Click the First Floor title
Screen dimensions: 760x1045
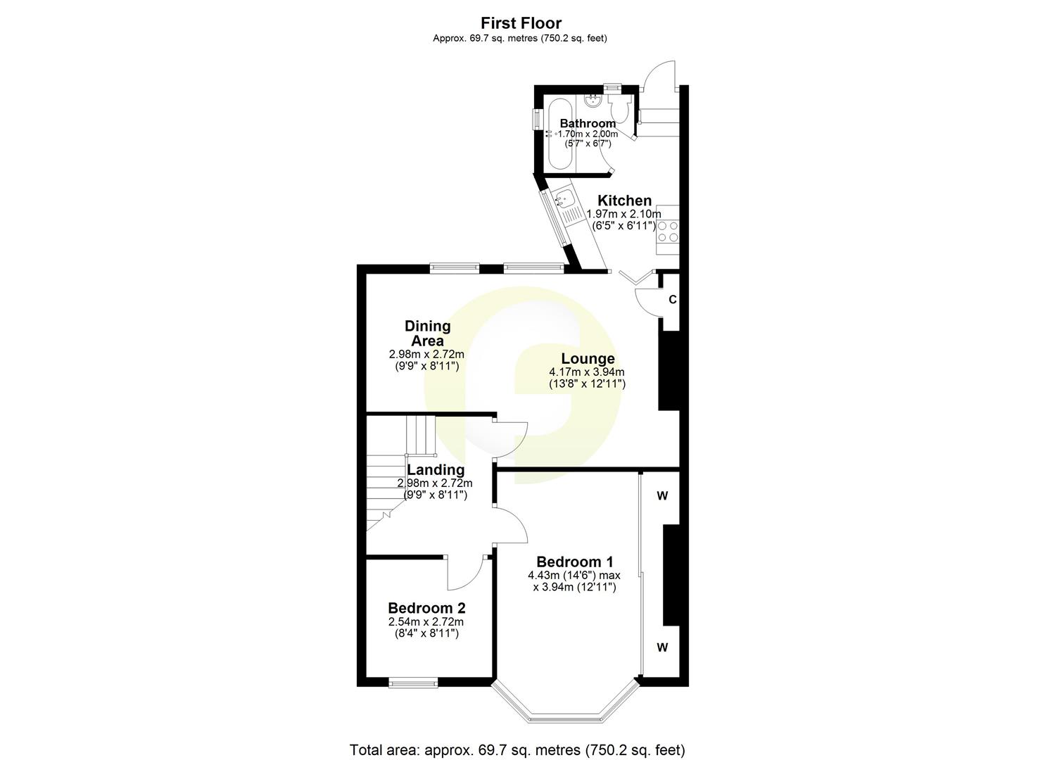coord(521,24)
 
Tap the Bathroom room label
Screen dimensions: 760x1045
coord(588,123)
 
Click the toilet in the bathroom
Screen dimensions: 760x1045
coord(620,110)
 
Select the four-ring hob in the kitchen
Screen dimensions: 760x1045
coord(668,232)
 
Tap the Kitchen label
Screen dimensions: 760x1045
coord(624,201)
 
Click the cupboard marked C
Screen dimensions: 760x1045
coord(672,300)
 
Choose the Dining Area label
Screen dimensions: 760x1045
coord(427,333)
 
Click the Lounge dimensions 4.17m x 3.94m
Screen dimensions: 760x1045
coord(587,372)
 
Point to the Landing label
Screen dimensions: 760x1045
coord(436,469)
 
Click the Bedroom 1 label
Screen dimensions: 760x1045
coord(574,562)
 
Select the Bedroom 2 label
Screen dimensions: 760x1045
coord(426,608)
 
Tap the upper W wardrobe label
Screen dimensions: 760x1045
coord(662,496)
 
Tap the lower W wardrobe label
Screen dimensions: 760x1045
coord(662,648)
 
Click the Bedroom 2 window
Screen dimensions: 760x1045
coord(413,681)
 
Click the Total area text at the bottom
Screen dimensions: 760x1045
coord(517,749)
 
